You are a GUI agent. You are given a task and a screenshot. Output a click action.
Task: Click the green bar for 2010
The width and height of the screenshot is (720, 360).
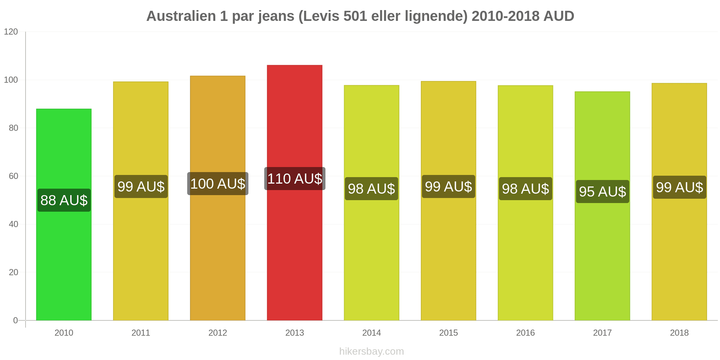coord(64,215)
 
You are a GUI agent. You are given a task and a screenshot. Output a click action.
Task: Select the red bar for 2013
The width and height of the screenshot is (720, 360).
coord(294,193)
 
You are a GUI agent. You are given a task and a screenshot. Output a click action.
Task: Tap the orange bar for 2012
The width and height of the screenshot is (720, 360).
coord(218,198)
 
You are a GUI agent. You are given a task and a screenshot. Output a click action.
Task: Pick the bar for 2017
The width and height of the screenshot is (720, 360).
coord(602,206)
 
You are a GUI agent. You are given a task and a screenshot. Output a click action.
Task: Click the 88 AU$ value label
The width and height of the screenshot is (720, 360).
coord(64,200)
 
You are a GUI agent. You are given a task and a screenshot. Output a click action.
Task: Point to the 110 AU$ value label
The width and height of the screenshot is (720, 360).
coord(295,179)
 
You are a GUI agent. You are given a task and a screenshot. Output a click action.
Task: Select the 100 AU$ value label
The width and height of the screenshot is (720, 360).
coord(218,184)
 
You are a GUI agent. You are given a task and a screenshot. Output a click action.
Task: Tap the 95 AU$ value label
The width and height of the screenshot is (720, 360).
coord(603,192)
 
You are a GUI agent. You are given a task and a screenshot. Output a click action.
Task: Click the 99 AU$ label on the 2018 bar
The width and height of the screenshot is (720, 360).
coord(680,187)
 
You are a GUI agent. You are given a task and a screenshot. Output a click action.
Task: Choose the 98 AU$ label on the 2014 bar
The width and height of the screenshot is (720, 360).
coord(372,189)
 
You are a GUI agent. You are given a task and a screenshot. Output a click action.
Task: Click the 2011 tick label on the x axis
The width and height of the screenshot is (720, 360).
coord(141,333)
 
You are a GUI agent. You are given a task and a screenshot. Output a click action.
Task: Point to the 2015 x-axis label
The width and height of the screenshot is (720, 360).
coord(449,333)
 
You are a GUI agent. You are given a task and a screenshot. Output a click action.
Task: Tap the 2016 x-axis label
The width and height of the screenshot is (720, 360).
coord(526,333)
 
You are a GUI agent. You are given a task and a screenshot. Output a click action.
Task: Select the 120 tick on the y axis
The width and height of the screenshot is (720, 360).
coord(11,32)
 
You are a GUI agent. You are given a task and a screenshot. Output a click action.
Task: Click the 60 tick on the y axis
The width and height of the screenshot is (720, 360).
coord(13,176)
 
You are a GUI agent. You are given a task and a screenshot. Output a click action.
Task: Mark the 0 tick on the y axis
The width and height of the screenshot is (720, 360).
coord(15,320)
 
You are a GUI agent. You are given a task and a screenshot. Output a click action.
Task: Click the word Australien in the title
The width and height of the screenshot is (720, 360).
coord(181,16)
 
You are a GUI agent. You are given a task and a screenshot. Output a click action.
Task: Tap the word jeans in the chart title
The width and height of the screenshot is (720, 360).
coord(276,17)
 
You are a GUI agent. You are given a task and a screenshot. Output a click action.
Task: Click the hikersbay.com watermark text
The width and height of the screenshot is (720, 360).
coord(372,351)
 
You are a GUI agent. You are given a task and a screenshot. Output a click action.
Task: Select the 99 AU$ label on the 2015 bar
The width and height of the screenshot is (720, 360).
coord(449,186)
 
